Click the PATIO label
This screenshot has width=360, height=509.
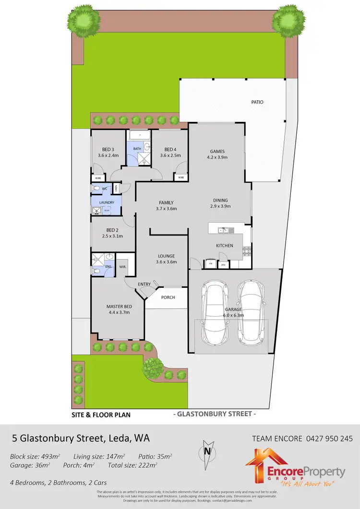[x=257, y=102]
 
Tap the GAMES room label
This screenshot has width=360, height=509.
[x=217, y=152]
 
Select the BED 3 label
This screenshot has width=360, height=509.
[x=108, y=149]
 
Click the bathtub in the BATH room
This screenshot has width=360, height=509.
[x=139, y=135]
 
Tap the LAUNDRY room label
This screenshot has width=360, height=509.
[x=107, y=203]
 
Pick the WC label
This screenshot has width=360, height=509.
[x=104, y=189]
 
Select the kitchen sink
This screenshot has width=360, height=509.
[x=226, y=230]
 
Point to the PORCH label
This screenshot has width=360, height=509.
[x=168, y=297]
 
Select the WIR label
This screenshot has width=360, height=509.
[x=122, y=266]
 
